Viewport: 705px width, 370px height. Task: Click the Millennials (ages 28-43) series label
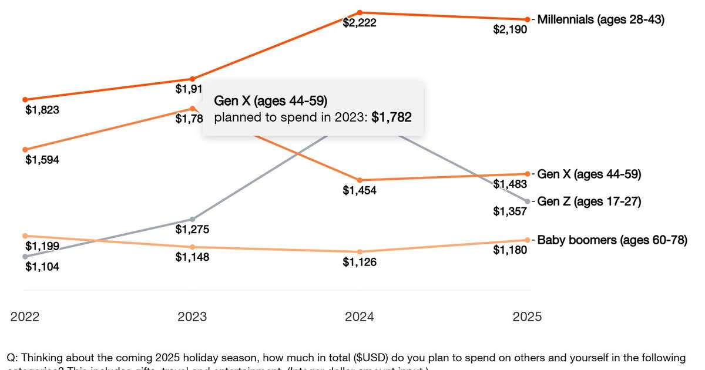pos(600,19)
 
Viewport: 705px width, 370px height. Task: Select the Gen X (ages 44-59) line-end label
pos(589,174)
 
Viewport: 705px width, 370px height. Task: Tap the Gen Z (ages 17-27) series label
pos(589,201)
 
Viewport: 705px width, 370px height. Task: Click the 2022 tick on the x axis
pos(25,317)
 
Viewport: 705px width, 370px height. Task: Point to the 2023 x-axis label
pos(192,317)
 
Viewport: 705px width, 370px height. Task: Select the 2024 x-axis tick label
pos(360,317)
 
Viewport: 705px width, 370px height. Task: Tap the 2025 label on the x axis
pos(527,317)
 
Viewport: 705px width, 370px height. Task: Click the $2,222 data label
pos(360,23)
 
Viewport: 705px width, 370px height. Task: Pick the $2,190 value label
pos(510,29)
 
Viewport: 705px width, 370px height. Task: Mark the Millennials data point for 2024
pos(360,12)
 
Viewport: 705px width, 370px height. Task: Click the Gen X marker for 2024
pos(360,180)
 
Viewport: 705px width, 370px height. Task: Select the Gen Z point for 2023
pos(192,219)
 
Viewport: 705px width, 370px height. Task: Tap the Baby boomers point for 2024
pos(360,251)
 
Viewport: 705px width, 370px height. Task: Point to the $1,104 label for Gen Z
pos(42,267)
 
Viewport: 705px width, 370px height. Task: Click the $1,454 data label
pos(360,190)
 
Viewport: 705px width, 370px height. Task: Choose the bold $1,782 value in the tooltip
pos(391,117)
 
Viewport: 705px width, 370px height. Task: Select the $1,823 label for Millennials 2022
pos(42,109)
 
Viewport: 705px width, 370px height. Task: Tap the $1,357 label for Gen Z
pos(510,211)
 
